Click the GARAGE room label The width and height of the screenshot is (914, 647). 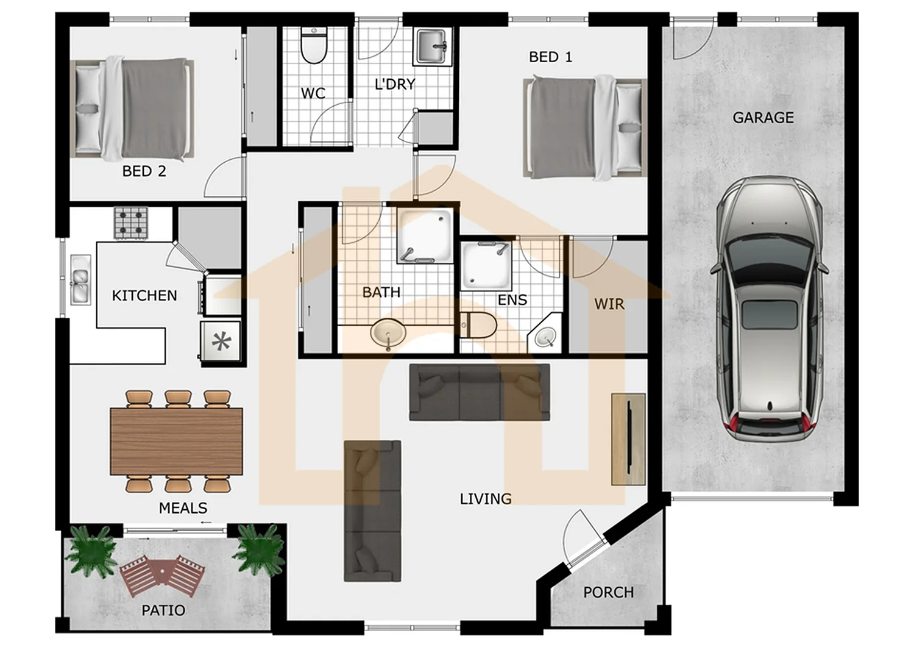click(x=763, y=118)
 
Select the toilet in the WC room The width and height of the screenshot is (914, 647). click(x=314, y=46)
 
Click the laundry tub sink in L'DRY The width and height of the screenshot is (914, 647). click(x=433, y=46)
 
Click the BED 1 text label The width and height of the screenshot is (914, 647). click(x=550, y=57)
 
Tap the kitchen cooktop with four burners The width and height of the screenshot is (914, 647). click(x=131, y=224)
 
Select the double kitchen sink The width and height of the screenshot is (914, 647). click(x=81, y=279)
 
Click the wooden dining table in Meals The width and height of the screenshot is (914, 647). click(x=176, y=441)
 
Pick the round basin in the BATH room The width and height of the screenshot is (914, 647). click(x=388, y=335)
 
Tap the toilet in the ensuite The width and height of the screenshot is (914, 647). click(x=478, y=325)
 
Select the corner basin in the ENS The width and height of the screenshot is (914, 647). click(x=544, y=336)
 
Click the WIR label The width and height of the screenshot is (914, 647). click(x=609, y=304)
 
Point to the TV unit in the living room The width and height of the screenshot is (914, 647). click(x=628, y=439)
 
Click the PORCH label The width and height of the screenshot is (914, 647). click(x=608, y=592)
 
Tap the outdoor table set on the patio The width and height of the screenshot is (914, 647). click(x=162, y=576)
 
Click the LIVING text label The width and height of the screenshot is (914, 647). click(x=485, y=499)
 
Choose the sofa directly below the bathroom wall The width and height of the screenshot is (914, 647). click(x=479, y=392)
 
